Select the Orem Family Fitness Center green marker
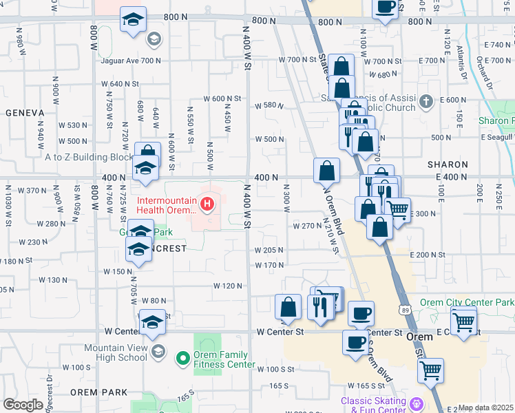[182, 357]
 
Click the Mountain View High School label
[115, 352]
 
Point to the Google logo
[23, 405]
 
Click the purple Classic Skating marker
[415, 403]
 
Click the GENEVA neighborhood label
[25, 112]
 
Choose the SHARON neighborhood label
[448, 165]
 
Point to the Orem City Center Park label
[476, 303]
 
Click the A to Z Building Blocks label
[88, 157]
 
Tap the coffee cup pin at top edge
[386, 8]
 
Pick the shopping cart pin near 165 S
[430, 371]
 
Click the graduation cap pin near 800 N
[133, 20]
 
